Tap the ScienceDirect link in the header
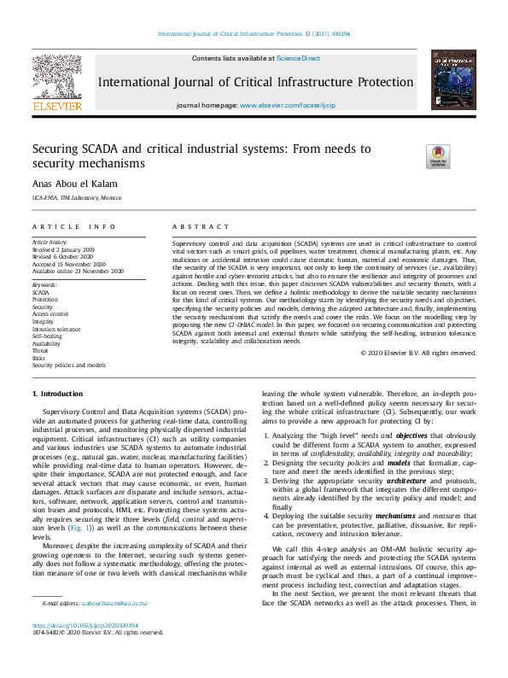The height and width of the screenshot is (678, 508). pyautogui.click(x=298, y=58)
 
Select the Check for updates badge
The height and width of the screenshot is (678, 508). pyautogui.click(x=438, y=156)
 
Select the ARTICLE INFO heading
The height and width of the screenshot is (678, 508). pyautogui.click(x=73, y=226)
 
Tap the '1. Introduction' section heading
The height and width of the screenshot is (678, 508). pyautogui.click(x=57, y=394)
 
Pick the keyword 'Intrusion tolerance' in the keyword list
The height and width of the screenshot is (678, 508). pyautogui.click(x=56, y=329)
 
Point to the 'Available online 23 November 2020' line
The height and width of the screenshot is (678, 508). pyautogui.click(x=78, y=271)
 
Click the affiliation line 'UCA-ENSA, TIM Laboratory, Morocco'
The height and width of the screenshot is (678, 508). pyautogui.click(x=76, y=198)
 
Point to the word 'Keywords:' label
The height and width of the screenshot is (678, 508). pyautogui.click(x=44, y=283)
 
